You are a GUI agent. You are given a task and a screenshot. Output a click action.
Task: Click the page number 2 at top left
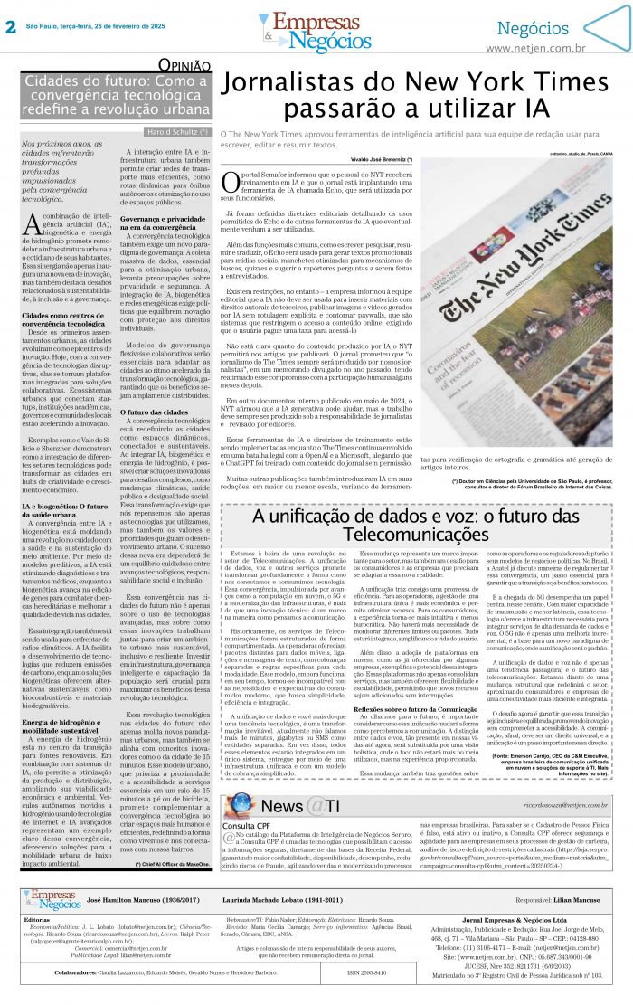[x=11, y=26]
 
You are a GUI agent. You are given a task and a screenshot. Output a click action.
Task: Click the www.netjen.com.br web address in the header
[x=535, y=48]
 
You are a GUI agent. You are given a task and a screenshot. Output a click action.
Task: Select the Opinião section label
[x=185, y=65]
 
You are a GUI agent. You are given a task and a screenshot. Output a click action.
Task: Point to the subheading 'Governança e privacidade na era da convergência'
[x=167, y=223]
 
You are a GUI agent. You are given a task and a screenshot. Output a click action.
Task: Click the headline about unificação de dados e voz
[x=415, y=526]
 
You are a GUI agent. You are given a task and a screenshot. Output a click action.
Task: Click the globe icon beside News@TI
[x=241, y=805]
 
